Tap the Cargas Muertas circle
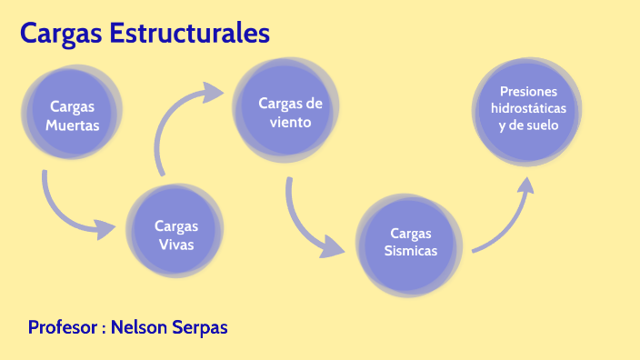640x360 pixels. (73, 115)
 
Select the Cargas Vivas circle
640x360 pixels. (175, 235)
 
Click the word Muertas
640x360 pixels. (73, 125)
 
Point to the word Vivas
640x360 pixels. (176, 245)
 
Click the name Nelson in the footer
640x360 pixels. (139, 327)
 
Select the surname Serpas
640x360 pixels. (200, 327)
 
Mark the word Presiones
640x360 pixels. (528, 92)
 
